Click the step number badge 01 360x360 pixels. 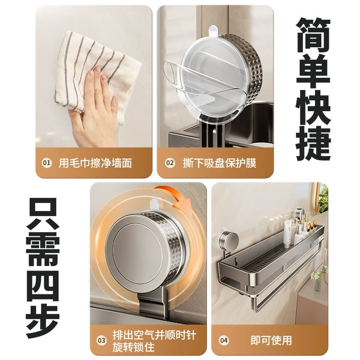[x=47, y=163]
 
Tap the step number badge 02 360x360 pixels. [x=170, y=163]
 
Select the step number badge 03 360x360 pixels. [x=101, y=340]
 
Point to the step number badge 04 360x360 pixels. [x=224, y=340]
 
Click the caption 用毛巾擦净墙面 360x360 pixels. [x=95, y=163]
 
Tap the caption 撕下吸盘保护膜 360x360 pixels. [x=219, y=163]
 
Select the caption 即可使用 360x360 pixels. [x=271, y=340]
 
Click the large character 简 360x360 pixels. [x=313, y=35]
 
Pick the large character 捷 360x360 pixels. [x=313, y=143]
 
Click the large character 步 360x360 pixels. [x=43, y=321]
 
